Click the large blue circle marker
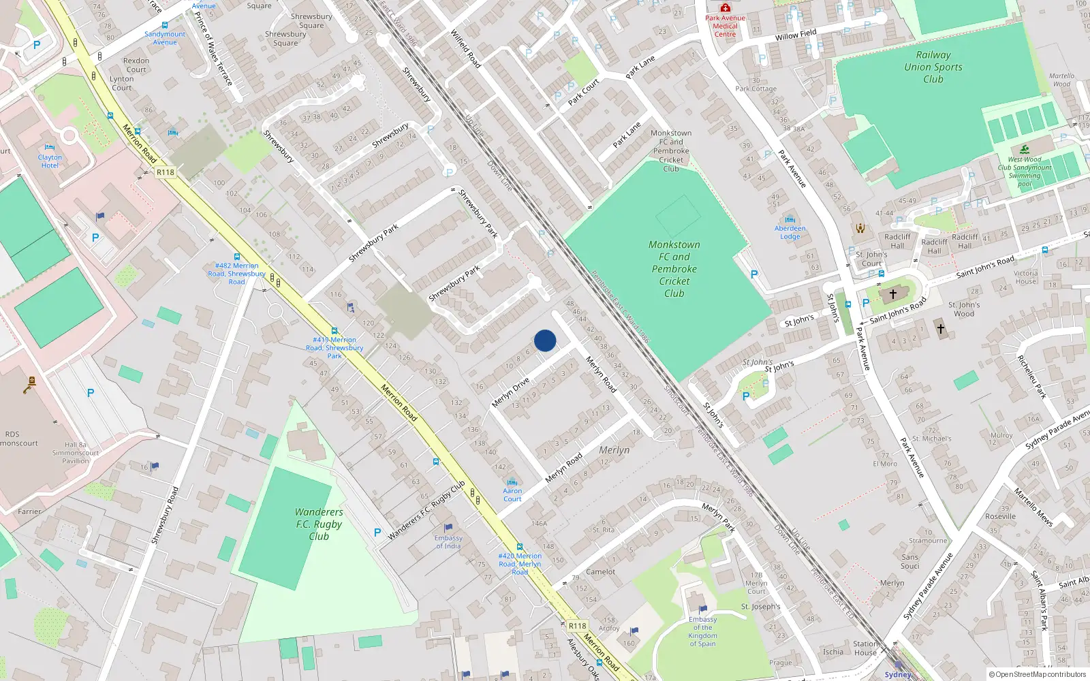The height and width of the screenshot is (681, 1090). point(545,340)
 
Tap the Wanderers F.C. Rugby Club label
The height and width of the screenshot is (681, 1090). point(319,524)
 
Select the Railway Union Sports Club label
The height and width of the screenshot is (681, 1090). point(933,67)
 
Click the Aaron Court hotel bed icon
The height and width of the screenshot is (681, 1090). point(512,482)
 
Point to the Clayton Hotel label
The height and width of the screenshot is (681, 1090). point(50,161)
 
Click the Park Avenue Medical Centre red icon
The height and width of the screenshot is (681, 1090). point(726,7)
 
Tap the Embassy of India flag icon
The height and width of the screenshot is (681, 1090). point(448,528)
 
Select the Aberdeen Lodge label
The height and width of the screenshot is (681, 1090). point(790,232)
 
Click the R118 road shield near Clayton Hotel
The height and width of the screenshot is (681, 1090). point(166,172)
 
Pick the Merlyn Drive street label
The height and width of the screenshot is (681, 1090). point(510,393)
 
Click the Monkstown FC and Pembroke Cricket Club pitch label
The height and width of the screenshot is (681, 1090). point(674,268)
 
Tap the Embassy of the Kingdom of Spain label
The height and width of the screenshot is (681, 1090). point(702,631)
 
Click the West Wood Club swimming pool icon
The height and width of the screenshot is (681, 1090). point(1025,149)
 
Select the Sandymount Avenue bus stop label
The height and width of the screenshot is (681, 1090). point(165,38)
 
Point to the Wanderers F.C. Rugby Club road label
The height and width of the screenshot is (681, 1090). point(426,511)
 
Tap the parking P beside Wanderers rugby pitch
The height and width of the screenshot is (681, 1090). point(377,533)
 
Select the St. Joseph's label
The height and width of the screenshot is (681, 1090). point(760,606)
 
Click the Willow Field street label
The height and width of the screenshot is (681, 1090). point(796,35)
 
